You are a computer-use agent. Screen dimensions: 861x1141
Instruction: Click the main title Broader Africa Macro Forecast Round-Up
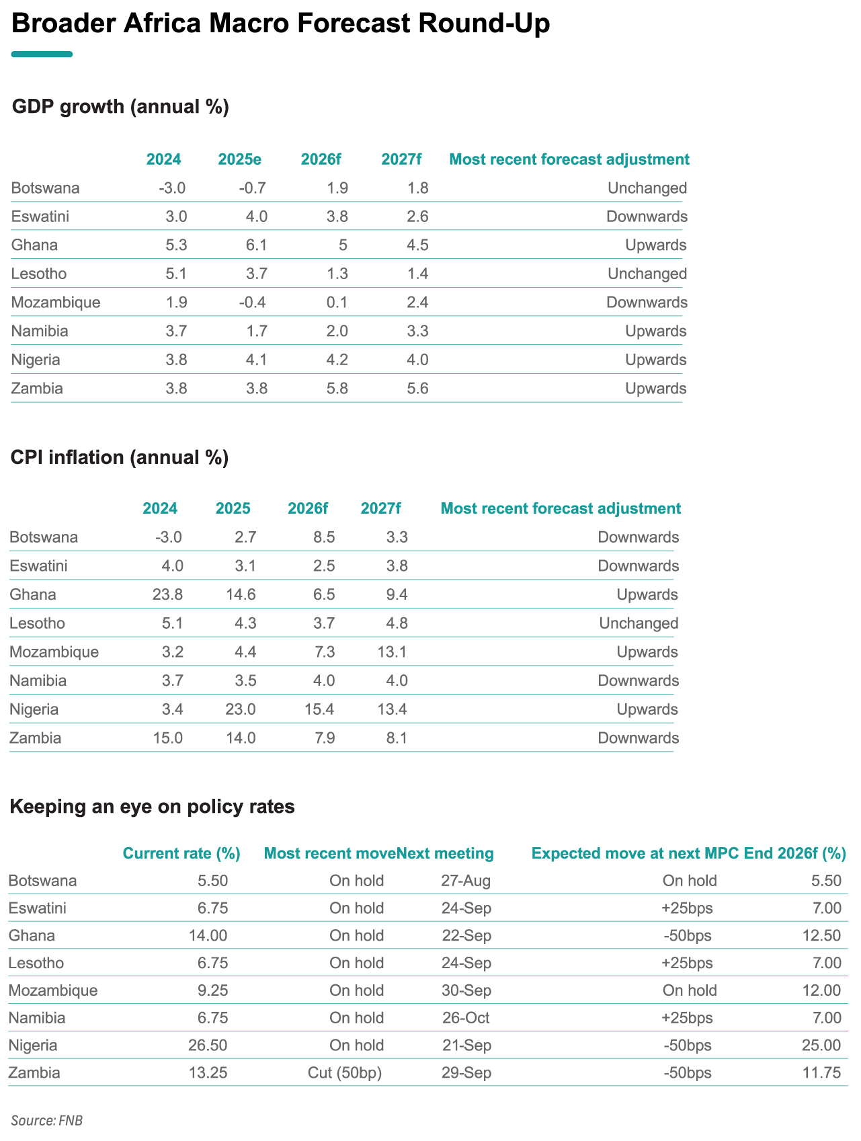[281, 24]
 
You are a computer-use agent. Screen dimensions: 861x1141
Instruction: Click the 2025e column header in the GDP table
[240, 159]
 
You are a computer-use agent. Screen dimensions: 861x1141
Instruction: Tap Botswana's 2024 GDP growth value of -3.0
[172, 188]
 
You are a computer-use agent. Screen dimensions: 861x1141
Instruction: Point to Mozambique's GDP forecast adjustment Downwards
[647, 302]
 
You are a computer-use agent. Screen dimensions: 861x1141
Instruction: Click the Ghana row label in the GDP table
[35, 245]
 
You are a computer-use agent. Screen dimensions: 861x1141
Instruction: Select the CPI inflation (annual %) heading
[120, 457]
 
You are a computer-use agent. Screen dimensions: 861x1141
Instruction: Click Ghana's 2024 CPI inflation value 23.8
[168, 594]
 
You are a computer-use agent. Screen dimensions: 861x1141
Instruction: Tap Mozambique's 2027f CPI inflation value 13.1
[394, 652]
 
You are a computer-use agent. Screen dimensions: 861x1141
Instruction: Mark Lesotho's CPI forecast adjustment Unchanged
[639, 623]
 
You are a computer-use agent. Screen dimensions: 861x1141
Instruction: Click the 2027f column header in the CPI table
[380, 508]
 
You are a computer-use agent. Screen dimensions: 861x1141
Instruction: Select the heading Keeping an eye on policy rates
[153, 807]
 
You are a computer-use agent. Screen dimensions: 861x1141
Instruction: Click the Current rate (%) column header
[181, 854]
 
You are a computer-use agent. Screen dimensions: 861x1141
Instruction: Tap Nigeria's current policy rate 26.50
[210, 1046]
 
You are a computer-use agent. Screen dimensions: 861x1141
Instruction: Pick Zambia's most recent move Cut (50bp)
[345, 1072]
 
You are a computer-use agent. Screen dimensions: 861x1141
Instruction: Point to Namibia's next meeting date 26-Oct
[466, 1018]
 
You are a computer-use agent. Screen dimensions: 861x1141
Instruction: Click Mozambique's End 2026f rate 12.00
[822, 990]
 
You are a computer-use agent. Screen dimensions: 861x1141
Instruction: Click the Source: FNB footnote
[46, 1121]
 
